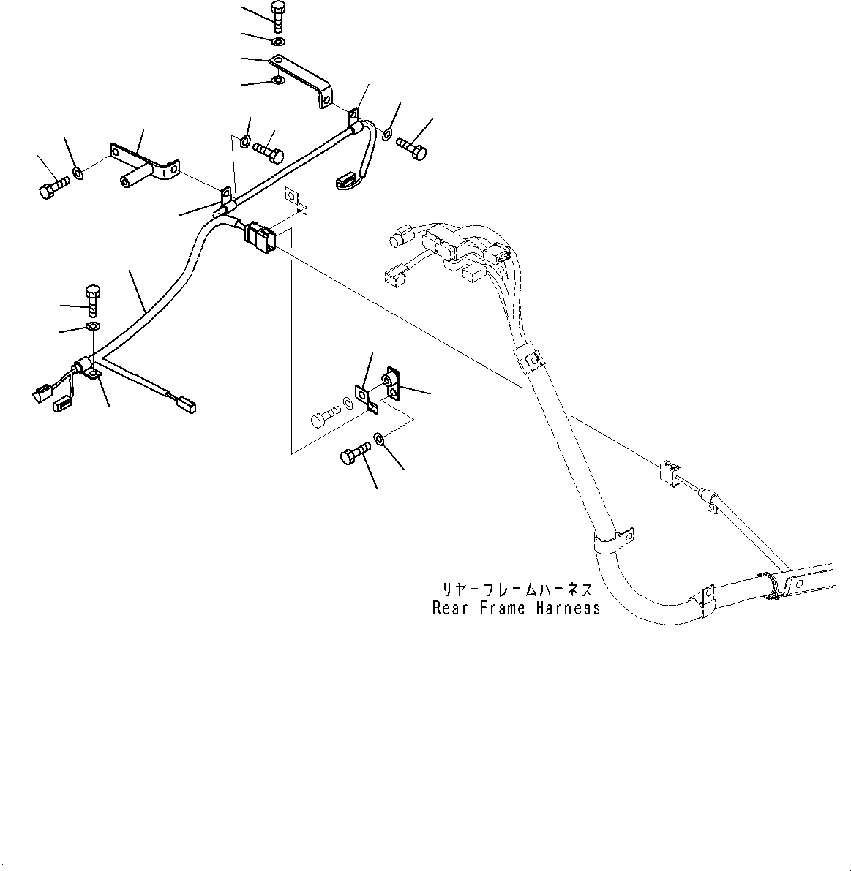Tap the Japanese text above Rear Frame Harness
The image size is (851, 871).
(516, 589)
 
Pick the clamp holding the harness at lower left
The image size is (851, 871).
(89, 368)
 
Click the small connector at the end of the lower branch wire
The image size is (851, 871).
(187, 402)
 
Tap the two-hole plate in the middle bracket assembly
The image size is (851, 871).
(391, 385)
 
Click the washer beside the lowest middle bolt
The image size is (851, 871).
(380, 439)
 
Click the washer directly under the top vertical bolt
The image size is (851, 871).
(278, 39)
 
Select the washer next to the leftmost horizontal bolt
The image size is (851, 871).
(78, 174)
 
